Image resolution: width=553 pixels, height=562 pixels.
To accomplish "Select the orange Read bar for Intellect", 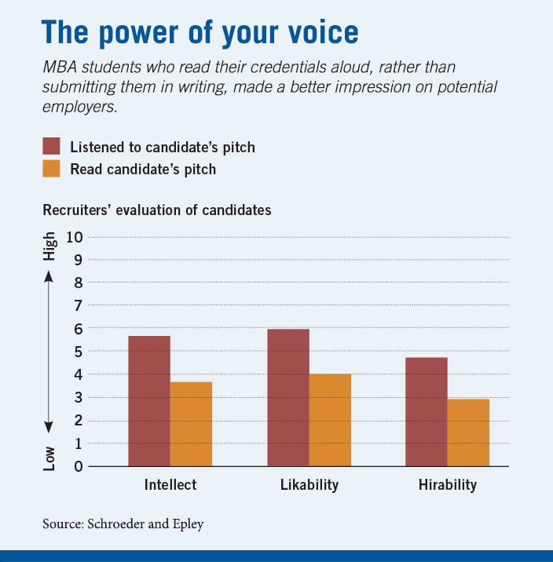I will pyautogui.click(x=191, y=424).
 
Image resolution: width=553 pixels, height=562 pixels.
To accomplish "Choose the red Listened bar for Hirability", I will pyautogui.click(x=427, y=411).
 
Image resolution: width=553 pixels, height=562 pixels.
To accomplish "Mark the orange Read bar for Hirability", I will pyautogui.click(x=468, y=432).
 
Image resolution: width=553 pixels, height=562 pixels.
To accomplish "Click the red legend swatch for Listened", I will pyautogui.click(x=52, y=146).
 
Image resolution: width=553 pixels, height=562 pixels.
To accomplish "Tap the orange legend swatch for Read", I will pyautogui.click(x=52, y=168).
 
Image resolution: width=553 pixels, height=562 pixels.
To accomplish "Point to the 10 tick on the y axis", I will pyautogui.click(x=75, y=237).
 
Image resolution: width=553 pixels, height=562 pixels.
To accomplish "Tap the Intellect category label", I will pyautogui.click(x=170, y=484).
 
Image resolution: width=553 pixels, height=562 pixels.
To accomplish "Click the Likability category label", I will pyautogui.click(x=309, y=484).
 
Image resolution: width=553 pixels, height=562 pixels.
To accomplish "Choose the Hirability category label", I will pyautogui.click(x=447, y=484).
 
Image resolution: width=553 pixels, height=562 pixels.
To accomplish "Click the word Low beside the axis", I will pyautogui.click(x=49, y=458).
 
